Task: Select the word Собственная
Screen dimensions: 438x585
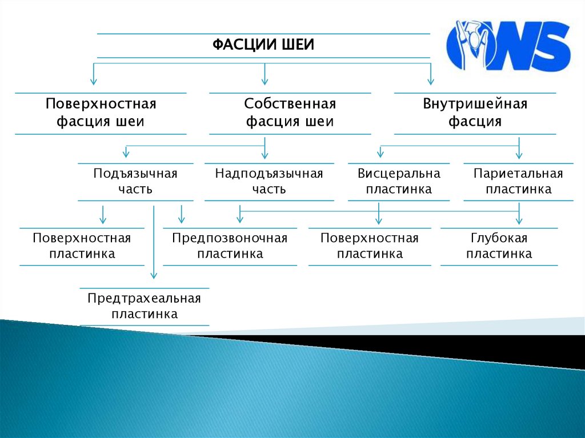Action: tap(290, 105)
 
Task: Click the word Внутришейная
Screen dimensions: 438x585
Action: tap(475, 105)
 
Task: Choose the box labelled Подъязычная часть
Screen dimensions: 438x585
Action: tap(135, 181)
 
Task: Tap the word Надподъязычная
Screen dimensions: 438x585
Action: tap(269, 174)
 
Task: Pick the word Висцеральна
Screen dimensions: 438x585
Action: tap(399, 174)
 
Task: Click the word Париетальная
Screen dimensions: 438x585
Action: tap(519, 174)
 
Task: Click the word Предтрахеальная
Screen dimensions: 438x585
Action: tap(144, 299)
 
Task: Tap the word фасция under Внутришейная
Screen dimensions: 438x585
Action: tap(475, 122)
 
